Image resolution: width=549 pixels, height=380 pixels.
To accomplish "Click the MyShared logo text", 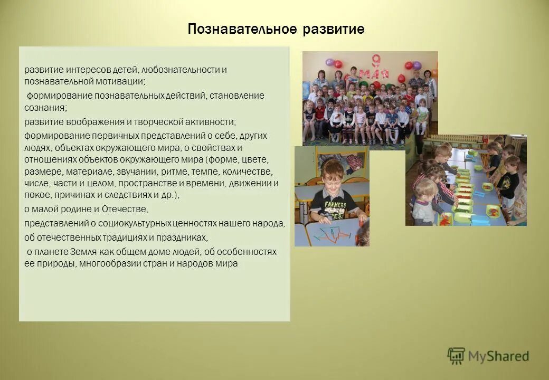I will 498,356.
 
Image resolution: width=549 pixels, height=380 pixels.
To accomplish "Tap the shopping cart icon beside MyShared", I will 457,356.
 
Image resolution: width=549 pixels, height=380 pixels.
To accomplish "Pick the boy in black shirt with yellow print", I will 509,179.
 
